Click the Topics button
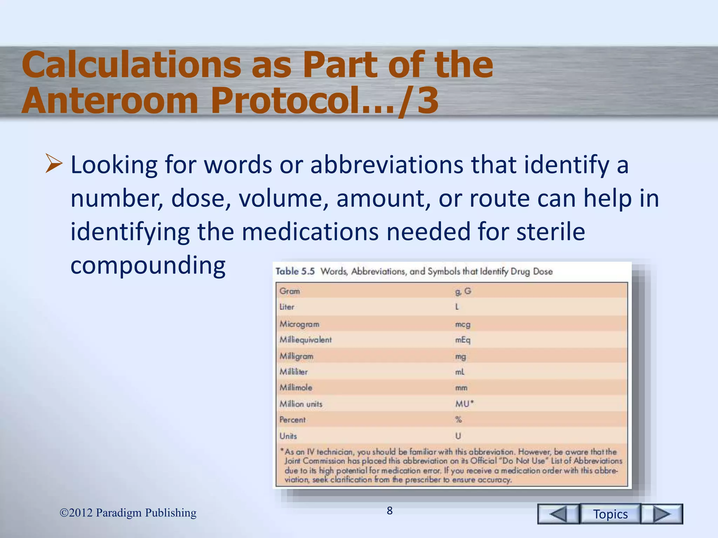(610, 514)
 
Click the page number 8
(390, 511)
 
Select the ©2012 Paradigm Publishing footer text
(128, 513)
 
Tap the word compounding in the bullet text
(148, 265)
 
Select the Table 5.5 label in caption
(295, 271)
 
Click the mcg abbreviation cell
(462, 324)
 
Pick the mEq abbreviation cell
(462, 340)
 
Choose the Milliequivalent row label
(305, 340)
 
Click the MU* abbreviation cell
(464, 404)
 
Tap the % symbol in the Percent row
(459, 420)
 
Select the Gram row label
(290, 291)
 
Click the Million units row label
(301, 404)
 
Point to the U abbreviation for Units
(458, 436)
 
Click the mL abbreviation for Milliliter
(460, 372)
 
